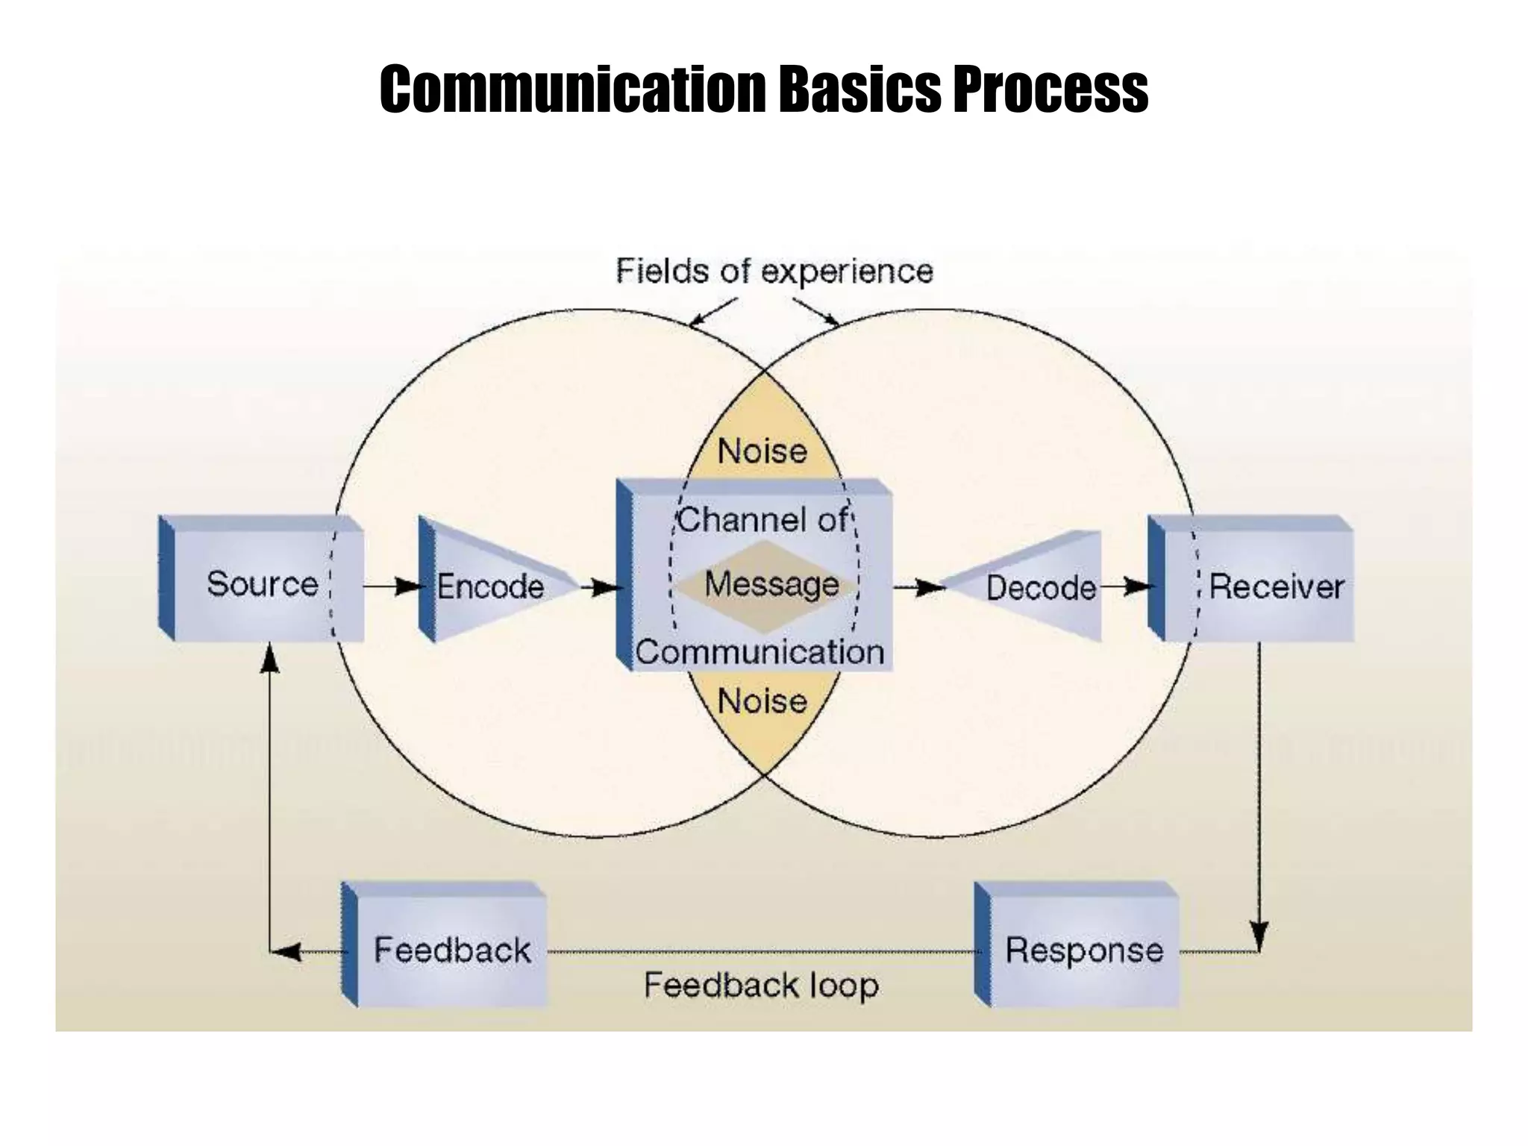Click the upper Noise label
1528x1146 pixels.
point(763,451)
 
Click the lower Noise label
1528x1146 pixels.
point(763,701)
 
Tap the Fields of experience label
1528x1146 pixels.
point(774,271)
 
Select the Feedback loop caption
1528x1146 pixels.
point(761,985)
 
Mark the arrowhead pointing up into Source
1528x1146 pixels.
point(269,658)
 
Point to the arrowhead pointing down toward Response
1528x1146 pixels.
point(1259,937)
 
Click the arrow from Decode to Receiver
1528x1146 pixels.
point(1127,587)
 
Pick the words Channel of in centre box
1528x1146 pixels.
point(763,519)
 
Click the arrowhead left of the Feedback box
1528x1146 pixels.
point(287,951)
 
